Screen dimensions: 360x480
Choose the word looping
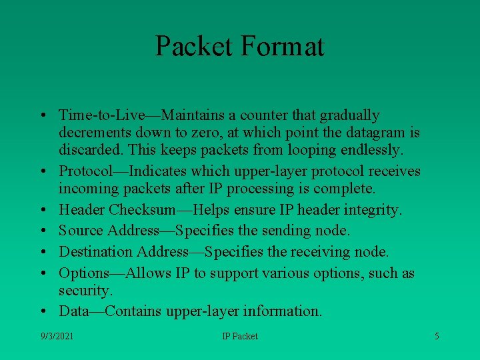click(x=318, y=150)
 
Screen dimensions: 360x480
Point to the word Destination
click(x=96, y=252)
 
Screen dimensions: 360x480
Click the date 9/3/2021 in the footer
click(x=57, y=336)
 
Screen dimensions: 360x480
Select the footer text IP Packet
click(x=240, y=336)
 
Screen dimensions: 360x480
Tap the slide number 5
click(x=437, y=336)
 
